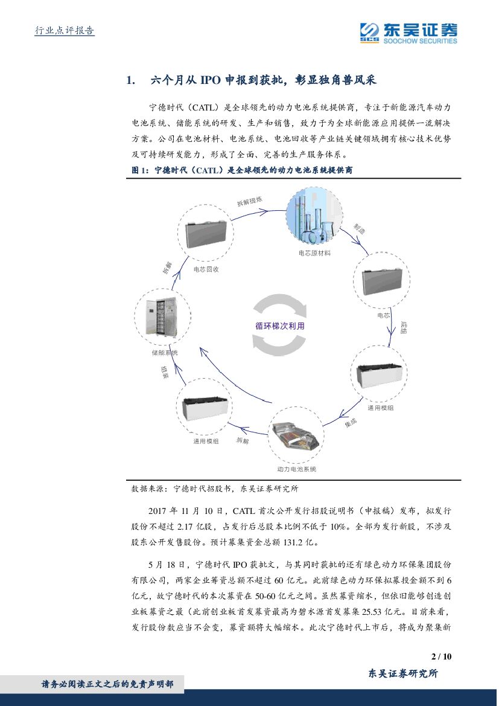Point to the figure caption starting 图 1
(x=242, y=171)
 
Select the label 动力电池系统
(x=297, y=469)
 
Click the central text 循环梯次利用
(x=280, y=326)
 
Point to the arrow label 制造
(x=360, y=229)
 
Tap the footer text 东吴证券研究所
(x=402, y=674)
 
